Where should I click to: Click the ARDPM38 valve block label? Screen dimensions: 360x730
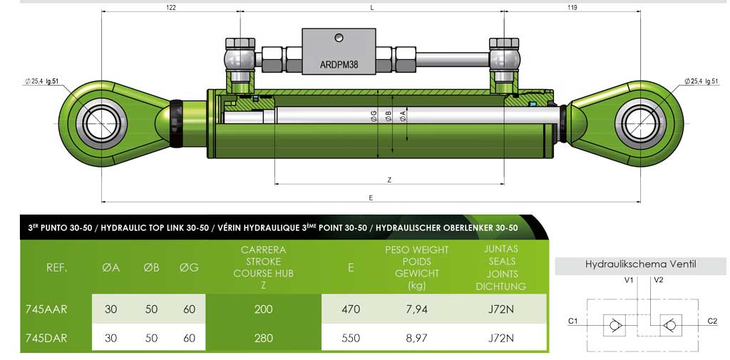coord(339,63)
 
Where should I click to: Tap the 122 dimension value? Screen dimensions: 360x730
coord(170,8)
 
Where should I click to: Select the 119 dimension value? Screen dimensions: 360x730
coord(572,8)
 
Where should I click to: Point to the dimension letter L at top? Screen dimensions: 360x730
coord(372,8)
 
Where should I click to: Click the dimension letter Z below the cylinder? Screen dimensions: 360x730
coord(389,180)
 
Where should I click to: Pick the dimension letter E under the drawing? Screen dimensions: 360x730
coord(371,197)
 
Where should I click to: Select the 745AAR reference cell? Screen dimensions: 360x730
coord(46,309)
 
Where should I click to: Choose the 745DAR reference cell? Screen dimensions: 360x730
coord(46,338)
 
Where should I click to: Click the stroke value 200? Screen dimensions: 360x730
coord(264,309)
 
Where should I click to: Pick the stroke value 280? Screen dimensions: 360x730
coord(264,338)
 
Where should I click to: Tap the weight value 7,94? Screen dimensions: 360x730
coord(417,309)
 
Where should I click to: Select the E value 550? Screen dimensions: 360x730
coord(351,338)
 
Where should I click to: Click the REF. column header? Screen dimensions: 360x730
coord(57,268)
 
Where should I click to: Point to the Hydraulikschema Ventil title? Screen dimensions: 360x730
coord(640,264)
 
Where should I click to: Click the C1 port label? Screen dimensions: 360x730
coord(572,322)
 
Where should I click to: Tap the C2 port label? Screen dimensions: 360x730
coord(712,322)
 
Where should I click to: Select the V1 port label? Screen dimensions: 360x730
coord(629,280)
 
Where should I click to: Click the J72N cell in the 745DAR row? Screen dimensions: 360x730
coord(501,338)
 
